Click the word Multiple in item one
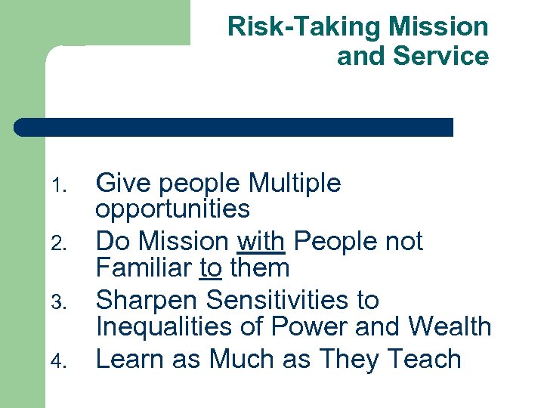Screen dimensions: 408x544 295,184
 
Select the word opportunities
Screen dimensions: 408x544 172,209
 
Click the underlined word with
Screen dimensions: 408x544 261,242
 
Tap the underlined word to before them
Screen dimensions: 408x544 212,267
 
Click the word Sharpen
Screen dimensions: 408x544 147,301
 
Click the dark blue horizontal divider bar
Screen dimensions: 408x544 234,127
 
